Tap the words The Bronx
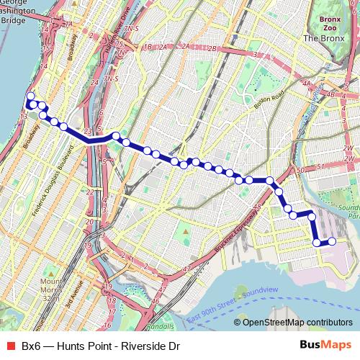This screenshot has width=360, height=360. [325, 37]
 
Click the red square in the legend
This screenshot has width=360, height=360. [9, 346]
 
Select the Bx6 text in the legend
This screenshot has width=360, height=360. [31, 346]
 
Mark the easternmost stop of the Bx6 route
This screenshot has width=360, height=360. [332, 242]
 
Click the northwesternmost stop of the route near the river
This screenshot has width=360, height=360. [30, 96]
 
